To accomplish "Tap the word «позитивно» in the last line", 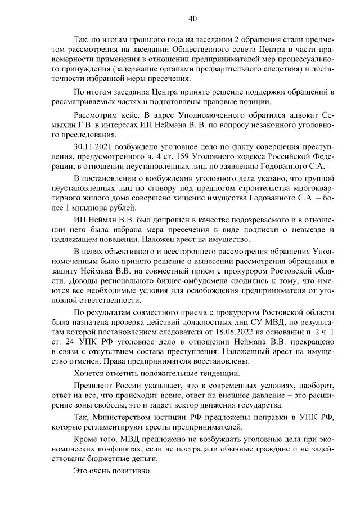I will pyautogui.click(x=133, y=471).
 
